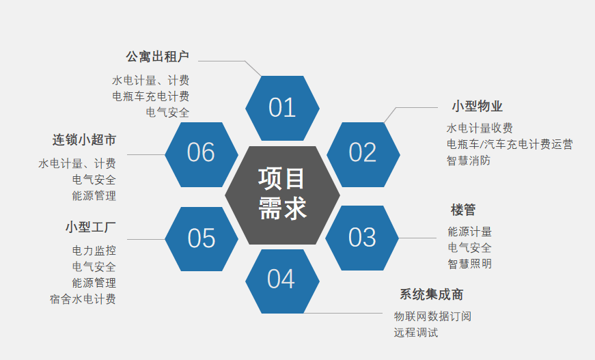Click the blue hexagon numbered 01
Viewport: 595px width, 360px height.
coord(282,108)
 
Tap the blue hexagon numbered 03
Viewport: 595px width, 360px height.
coord(362,238)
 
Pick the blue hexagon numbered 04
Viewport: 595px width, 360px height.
coord(281,279)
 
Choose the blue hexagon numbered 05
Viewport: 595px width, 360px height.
coord(202,238)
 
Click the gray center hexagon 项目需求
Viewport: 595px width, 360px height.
coord(282,194)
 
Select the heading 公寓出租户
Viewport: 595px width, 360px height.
coord(158,56)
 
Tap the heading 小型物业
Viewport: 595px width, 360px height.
coord(477,107)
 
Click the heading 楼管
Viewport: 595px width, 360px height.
coord(462,210)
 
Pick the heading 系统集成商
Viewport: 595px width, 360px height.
coord(431,294)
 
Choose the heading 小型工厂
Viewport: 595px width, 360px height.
coord(91,226)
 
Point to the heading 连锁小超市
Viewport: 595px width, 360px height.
coord(84,140)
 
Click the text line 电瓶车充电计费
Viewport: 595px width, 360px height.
coord(151,96)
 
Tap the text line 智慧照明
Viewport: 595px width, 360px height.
coord(469,264)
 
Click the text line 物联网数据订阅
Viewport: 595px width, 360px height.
coord(432,316)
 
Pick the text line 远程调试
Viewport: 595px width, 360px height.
coord(416,333)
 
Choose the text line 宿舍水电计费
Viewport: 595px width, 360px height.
coord(83,299)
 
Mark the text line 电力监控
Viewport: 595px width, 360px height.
coord(94,251)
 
